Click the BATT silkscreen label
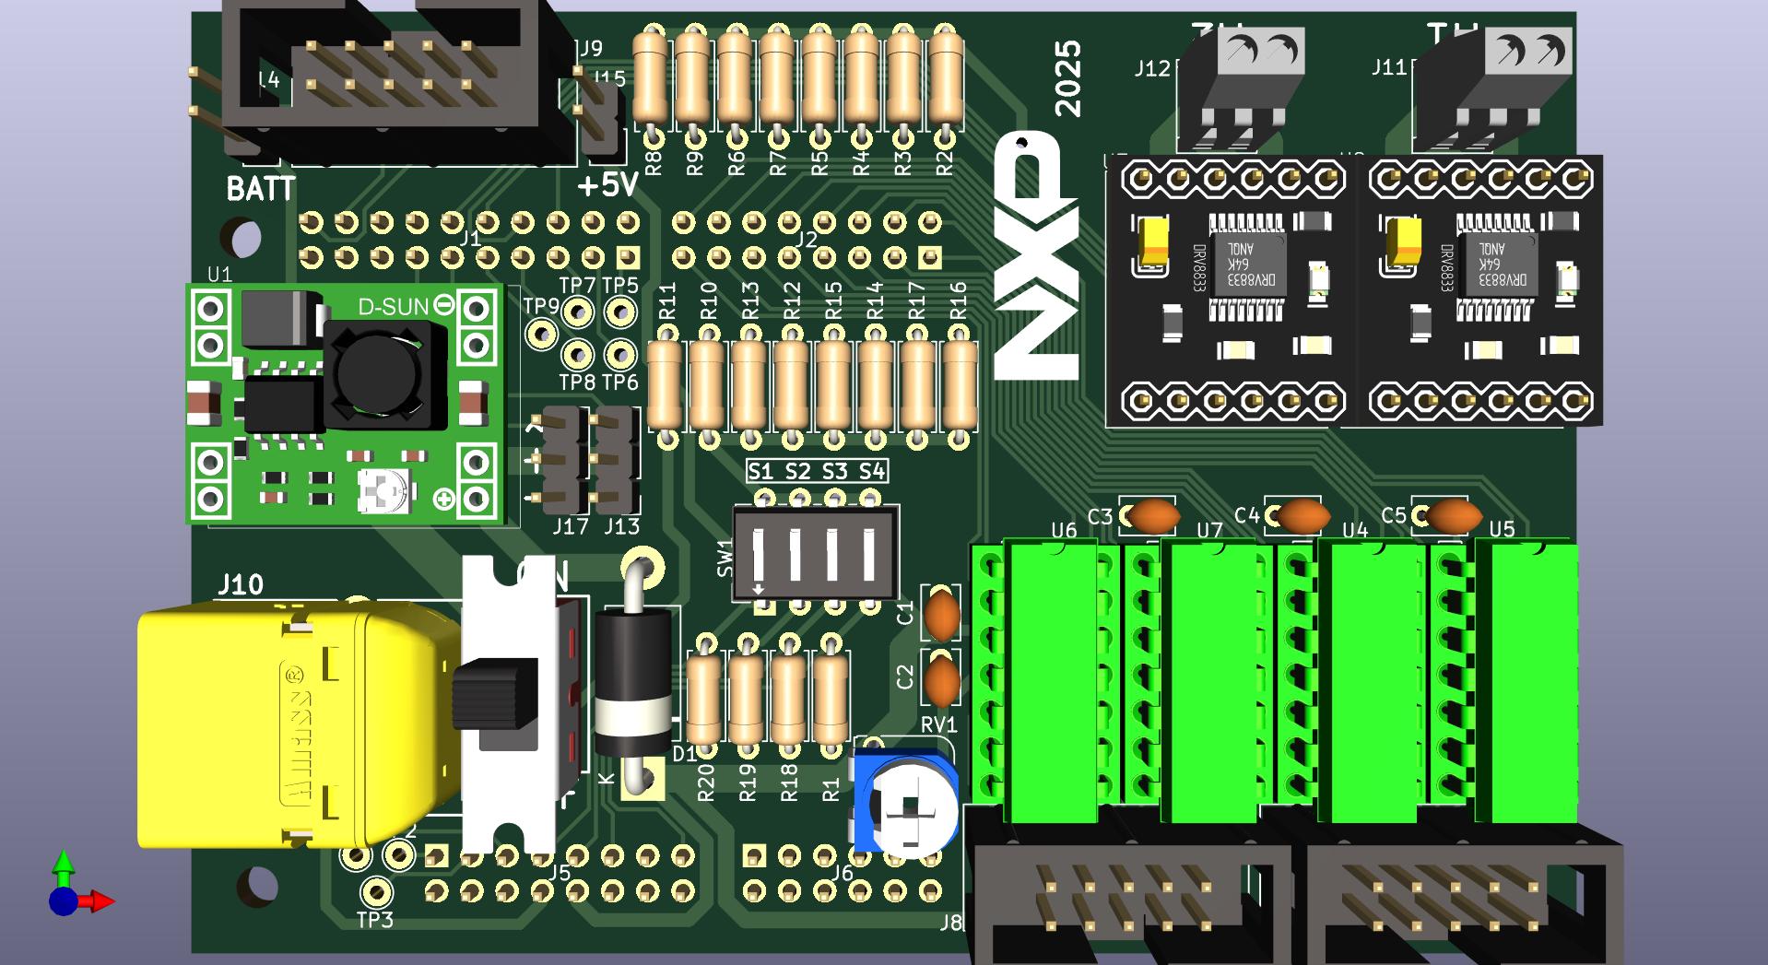coord(261,190)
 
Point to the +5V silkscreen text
coord(607,185)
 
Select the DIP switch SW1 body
coord(815,553)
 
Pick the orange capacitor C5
coord(1453,516)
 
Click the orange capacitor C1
coord(941,615)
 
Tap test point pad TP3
coord(375,891)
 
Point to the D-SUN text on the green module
coord(393,306)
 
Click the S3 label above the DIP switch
coord(834,472)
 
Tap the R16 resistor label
coord(958,301)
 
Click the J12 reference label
coord(1152,68)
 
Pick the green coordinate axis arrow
coord(63,864)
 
